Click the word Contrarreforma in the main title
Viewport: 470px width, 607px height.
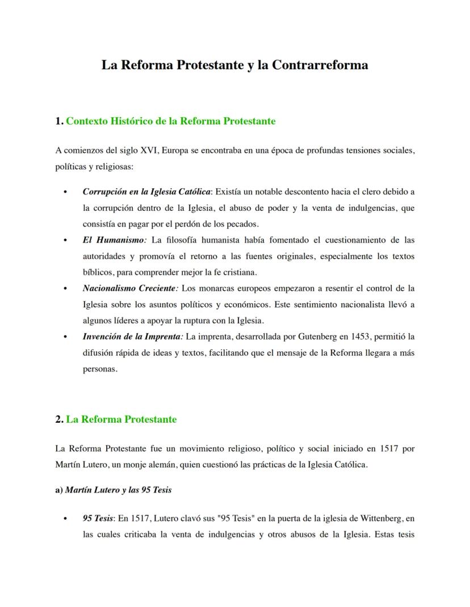pos(320,65)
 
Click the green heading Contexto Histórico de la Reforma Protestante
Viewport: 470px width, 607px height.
pos(171,121)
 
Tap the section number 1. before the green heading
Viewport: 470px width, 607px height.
pos(59,121)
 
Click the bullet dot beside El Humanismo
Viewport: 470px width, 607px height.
pos(66,240)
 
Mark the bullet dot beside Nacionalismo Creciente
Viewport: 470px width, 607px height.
pos(66,288)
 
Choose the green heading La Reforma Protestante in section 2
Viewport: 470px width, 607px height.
pos(121,419)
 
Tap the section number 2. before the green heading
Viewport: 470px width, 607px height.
pos(59,419)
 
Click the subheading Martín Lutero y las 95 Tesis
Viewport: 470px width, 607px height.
pos(118,490)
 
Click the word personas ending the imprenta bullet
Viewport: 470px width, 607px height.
pos(99,369)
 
